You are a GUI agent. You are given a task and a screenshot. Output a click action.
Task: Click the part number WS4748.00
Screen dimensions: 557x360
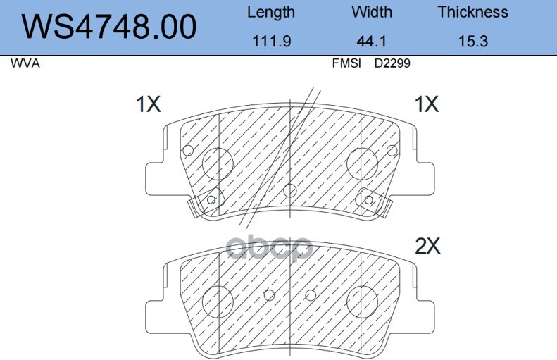(x=108, y=27)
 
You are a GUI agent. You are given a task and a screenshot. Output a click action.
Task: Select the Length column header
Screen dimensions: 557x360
(x=271, y=13)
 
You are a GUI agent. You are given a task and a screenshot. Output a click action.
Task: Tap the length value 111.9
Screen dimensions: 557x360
(x=271, y=42)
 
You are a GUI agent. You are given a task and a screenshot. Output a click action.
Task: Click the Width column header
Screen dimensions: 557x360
(x=372, y=12)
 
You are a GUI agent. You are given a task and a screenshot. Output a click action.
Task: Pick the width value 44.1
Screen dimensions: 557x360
(x=371, y=42)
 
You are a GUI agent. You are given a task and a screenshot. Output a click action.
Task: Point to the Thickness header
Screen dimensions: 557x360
(x=472, y=12)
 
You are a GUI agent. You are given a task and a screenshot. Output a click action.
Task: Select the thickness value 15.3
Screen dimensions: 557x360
(x=472, y=42)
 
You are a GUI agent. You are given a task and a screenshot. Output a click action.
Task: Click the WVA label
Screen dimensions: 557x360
(x=25, y=63)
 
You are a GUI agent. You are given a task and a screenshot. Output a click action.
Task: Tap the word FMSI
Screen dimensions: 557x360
(x=346, y=63)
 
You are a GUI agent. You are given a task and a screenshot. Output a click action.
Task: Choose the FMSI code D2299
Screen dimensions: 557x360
(x=392, y=63)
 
